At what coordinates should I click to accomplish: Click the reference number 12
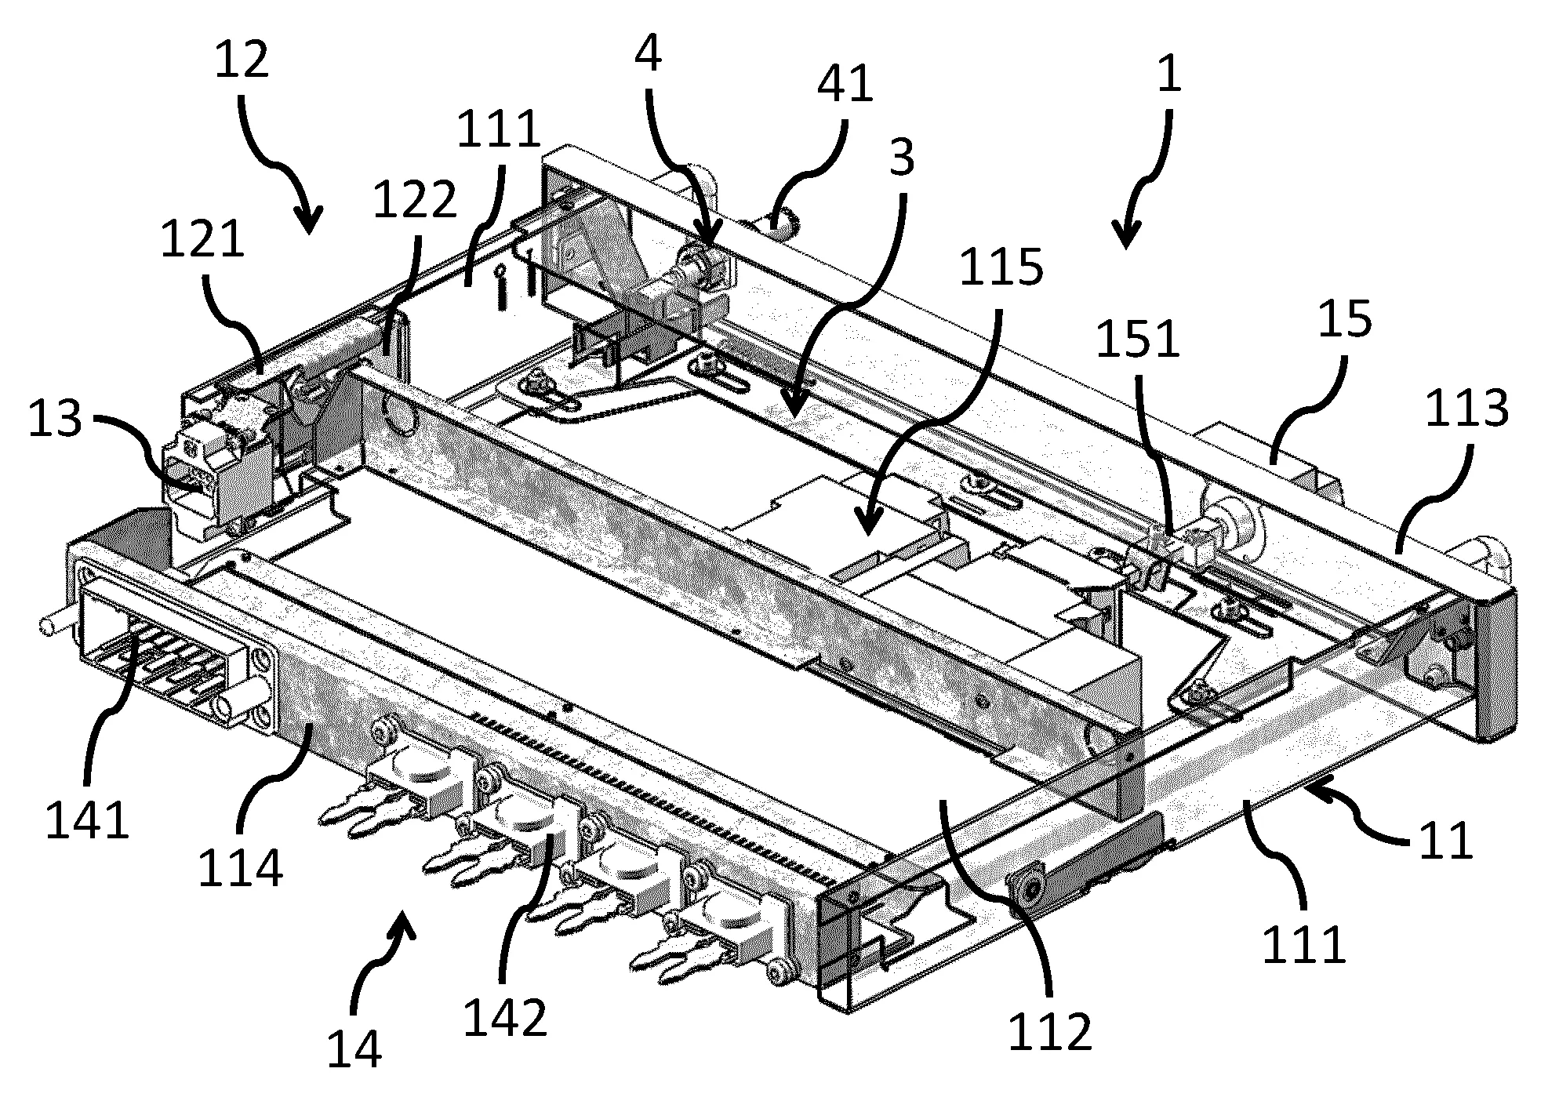coord(242,60)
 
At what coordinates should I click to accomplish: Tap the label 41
coord(845,84)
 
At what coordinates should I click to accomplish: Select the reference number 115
coord(1001,267)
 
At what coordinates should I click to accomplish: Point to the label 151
coord(1138,340)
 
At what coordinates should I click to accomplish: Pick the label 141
coord(88,821)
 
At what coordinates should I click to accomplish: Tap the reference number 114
coord(240,870)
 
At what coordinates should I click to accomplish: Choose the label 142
coord(505,1019)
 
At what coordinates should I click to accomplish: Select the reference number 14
coord(354,1049)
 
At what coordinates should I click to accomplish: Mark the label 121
coord(202,239)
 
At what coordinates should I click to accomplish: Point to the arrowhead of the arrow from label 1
coord(1126,243)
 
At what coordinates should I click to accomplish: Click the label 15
coord(1346,321)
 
